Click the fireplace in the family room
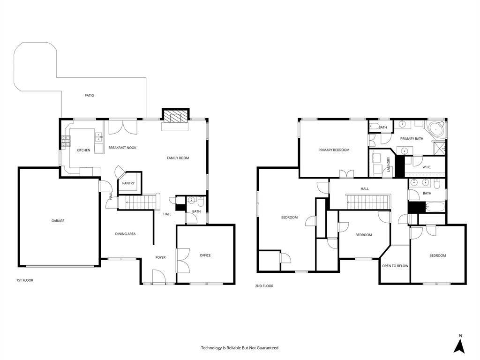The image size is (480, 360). pyautogui.click(x=175, y=116)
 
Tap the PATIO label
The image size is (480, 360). pyautogui.click(x=90, y=96)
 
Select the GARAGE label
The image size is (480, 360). pyautogui.click(x=58, y=221)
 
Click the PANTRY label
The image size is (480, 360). pyautogui.click(x=128, y=183)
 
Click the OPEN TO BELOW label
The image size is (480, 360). pyautogui.click(x=395, y=266)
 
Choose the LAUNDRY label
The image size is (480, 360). pyautogui.click(x=389, y=164)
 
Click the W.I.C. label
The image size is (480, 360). pyautogui.click(x=427, y=167)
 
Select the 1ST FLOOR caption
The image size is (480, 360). pyautogui.click(x=25, y=280)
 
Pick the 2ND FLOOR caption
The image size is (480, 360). pyautogui.click(x=264, y=286)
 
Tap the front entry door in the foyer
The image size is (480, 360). pyautogui.click(x=158, y=277)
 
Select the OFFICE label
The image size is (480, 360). pyautogui.click(x=205, y=255)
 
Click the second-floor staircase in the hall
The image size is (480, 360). pyautogui.click(x=368, y=202)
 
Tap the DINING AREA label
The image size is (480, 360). pyautogui.click(x=125, y=234)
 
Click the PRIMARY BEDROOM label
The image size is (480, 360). pyautogui.click(x=334, y=150)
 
